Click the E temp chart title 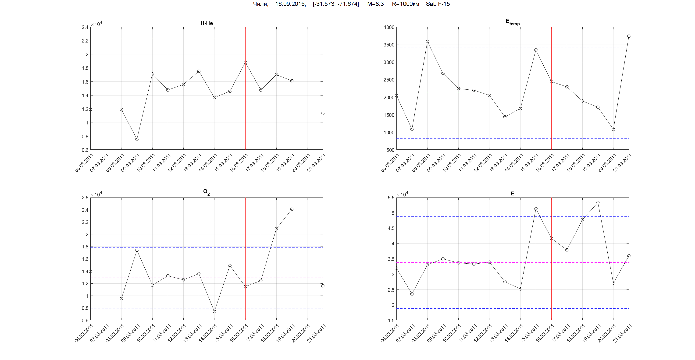click(512, 22)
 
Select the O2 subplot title click(206, 192)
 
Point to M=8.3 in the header click(375, 4)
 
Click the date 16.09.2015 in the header click(290, 4)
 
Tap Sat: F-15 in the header click(438, 4)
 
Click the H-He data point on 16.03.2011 click(245, 63)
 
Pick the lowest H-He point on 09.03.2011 click(137, 139)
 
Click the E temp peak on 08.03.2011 click(427, 42)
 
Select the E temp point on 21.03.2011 click(629, 36)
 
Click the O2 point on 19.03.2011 click(292, 209)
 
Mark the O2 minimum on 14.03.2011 click(214, 311)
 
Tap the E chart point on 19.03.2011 click(598, 202)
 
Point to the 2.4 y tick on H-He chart click(85, 27)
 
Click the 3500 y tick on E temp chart click(389, 45)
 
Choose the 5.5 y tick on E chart click(391, 198)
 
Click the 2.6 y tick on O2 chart click(85, 198)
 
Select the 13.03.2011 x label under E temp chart click(499, 162)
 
